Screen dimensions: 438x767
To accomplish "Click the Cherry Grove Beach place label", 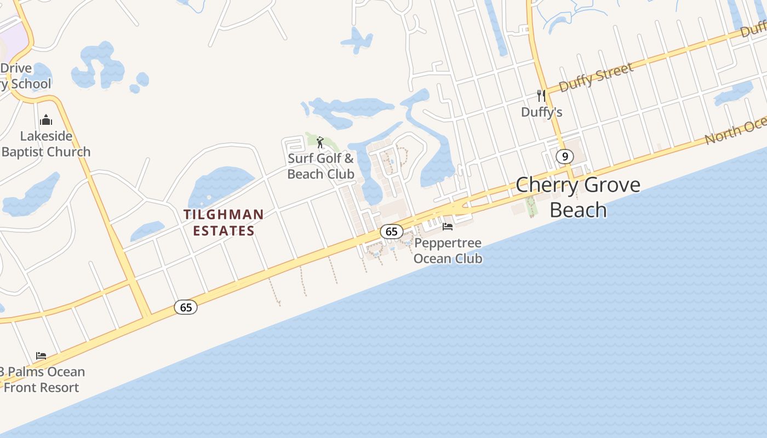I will (578, 197).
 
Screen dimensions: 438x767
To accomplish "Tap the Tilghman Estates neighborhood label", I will (224, 222).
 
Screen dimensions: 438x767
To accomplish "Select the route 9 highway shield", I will (564, 157).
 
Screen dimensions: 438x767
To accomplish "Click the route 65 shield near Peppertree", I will (391, 232).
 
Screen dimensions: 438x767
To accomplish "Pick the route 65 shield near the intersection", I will (186, 307).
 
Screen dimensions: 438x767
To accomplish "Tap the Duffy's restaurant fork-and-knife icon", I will (541, 96).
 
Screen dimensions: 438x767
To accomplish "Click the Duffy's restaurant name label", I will (541, 112).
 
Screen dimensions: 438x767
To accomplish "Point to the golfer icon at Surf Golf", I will (320, 143).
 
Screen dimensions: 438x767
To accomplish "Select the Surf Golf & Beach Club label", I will (321, 166).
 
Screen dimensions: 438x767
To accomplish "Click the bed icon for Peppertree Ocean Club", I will (448, 227).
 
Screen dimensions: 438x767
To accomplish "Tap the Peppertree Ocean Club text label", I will (448, 250).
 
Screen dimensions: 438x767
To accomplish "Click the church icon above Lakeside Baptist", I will (46, 120).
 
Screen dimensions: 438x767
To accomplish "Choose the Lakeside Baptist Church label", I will (46, 144).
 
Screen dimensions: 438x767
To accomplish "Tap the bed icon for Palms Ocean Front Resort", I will (41, 356).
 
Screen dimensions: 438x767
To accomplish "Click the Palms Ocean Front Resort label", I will (43, 379).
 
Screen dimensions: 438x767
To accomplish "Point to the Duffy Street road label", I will (596, 77).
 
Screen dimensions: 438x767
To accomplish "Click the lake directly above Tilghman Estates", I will (219, 186).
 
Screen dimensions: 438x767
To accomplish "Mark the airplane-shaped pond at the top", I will (357, 40).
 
